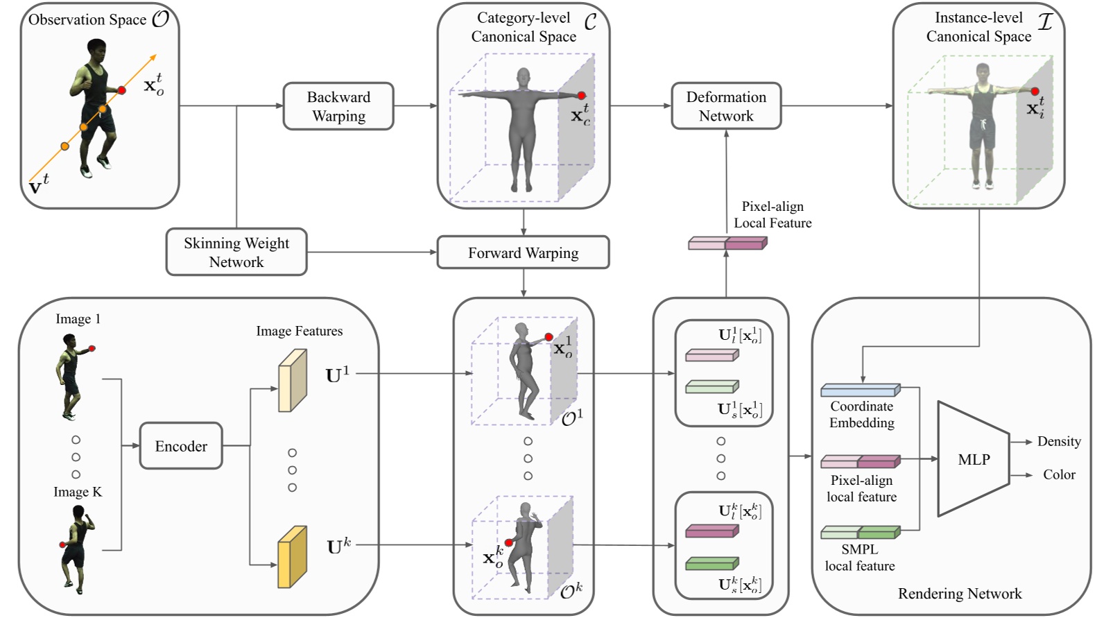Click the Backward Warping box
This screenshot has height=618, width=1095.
pos(338,106)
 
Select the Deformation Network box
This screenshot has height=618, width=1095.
pos(726,106)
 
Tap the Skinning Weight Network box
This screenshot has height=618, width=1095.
pos(236,252)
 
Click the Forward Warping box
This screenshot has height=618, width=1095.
pos(523,252)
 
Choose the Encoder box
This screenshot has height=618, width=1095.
pos(181,446)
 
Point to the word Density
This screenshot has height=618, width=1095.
pos(1059,441)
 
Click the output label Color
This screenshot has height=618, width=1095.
pos(1059,474)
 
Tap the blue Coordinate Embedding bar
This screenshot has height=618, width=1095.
pos(860,390)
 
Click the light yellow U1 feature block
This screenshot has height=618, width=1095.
pos(292,381)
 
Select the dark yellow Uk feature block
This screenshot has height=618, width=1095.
pos(292,557)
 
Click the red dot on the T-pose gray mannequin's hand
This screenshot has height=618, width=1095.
pos(582,96)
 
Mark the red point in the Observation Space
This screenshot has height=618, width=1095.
pos(122,90)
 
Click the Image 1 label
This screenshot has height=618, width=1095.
pos(78,319)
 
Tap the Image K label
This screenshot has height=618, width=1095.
pos(78,492)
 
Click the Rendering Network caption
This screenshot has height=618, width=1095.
pos(960,594)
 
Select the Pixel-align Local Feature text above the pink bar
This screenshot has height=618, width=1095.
pos(773,214)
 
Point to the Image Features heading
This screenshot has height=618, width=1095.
pos(299,331)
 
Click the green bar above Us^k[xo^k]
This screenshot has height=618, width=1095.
pos(712,564)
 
